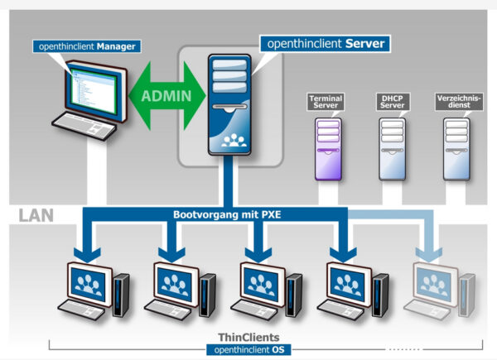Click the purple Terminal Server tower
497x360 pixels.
[327, 148]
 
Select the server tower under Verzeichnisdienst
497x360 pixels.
[456, 148]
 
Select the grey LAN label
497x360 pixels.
[36, 216]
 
